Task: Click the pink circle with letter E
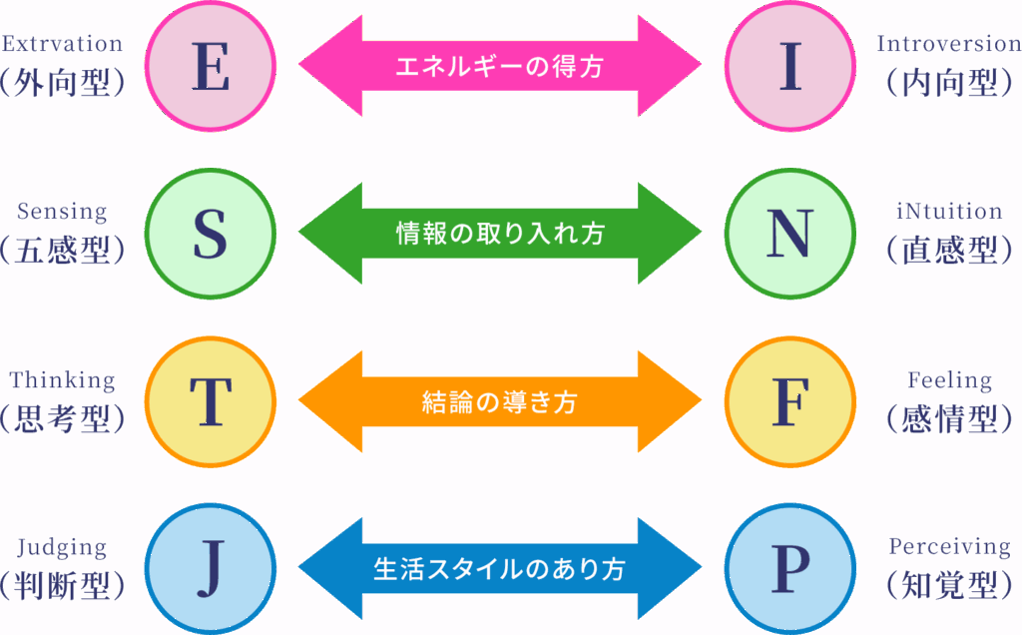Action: [x=211, y=66]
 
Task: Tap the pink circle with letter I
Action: [x=790, y=66]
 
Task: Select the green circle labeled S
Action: [x=211, y=234]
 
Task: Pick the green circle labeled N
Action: [x=790, y=234]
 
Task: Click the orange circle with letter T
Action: [x=211, y=401]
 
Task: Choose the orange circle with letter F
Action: [x=790, y=401]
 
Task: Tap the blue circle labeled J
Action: [x=211, y=568]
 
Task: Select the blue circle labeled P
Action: [x=790, y=568]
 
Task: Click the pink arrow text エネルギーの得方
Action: [x=499, y=66]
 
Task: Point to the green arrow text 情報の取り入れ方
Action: [x=501, y=234]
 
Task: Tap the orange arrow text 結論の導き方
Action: [x=500, y=401]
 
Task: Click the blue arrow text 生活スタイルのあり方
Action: [x=500, y=569]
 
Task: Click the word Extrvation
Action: [x=62, y=44]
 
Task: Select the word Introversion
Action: [x=949, y=44]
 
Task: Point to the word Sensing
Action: [x=62, y=212]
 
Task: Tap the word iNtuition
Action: [x=949, y=212]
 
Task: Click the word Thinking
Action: [x=62, y=379]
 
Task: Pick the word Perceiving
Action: [x=950, y=546]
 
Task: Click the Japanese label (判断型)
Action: [x=62, y=585]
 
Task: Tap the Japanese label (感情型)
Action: [x=950, y=418]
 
